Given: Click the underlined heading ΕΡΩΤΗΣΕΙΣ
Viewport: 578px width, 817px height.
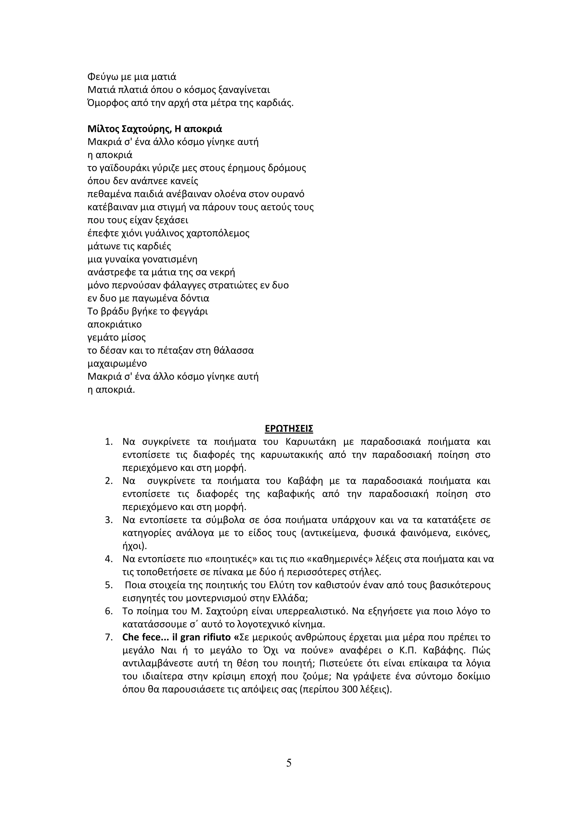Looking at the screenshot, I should tap(289, 429).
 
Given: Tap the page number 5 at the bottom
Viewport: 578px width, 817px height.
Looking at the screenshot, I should tap(289, 763).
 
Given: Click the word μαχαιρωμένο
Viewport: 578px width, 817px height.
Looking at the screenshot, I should tap(117, 364).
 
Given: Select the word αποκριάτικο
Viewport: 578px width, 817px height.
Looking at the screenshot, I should tap(115, 324).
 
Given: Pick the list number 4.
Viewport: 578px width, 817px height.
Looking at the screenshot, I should tap(109, 559).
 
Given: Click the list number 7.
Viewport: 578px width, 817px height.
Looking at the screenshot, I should tap(109, 637).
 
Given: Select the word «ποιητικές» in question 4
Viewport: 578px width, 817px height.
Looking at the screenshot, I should tap(231, 559).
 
